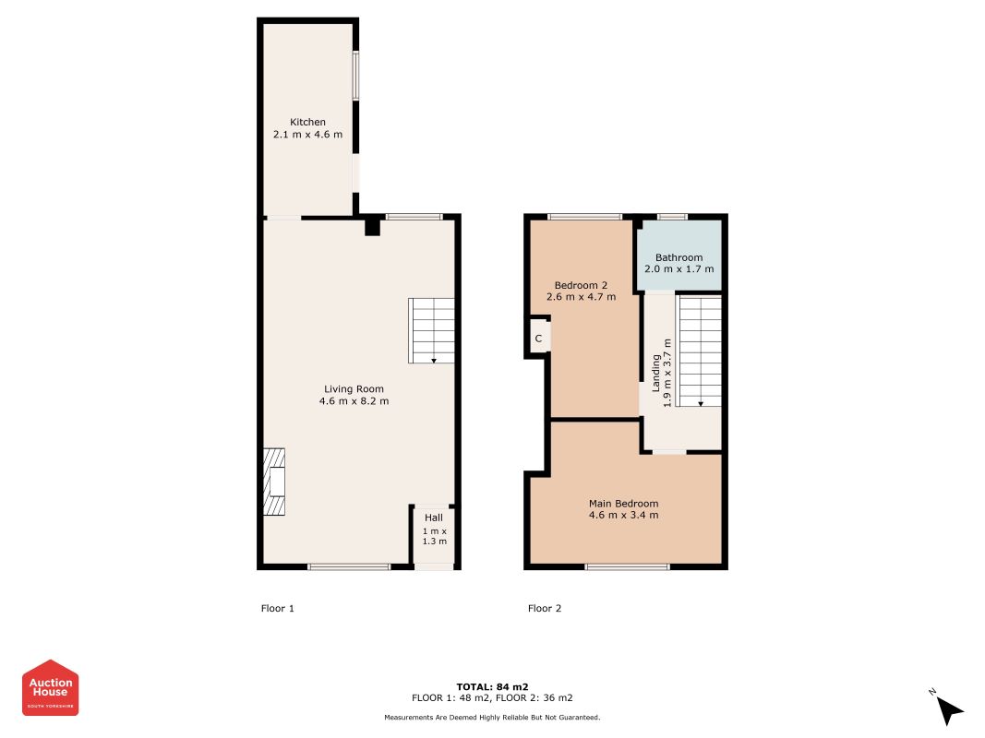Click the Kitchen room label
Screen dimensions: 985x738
click(x=307, y=122)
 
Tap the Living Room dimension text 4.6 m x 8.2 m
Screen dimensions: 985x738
click(x=354, y=401)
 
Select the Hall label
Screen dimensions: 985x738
click(x=434, y=518)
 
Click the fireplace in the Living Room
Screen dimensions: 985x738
click(x=274, y=482)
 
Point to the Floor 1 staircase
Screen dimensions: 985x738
click(x=431, y=331)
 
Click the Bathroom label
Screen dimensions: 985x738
click(x=679, y=257)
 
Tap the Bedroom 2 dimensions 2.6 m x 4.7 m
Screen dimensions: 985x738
click(x=581, y=297)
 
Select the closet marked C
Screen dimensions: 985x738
click(x=539, y=339)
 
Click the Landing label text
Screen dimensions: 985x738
click(x=655, y=373)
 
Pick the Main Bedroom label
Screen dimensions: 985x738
click(x=624, y=504)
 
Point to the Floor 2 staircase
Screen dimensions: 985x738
click(x=699, y=351)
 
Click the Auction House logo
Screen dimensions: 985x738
click(x=50, y=687)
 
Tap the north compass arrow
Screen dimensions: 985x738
click(x=949, y=710)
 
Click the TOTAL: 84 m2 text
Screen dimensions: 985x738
click(x=493, y=686)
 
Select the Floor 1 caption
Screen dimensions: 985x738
click(x=278, y=608)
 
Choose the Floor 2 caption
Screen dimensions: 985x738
click(x=545, y=608)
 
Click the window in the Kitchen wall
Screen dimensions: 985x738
click(x=355, y=76)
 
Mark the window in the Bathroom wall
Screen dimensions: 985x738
click(x=672, y=217)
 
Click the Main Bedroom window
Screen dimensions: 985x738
click(x=627, y=566)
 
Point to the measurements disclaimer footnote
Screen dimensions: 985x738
click(x=493, y=718)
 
